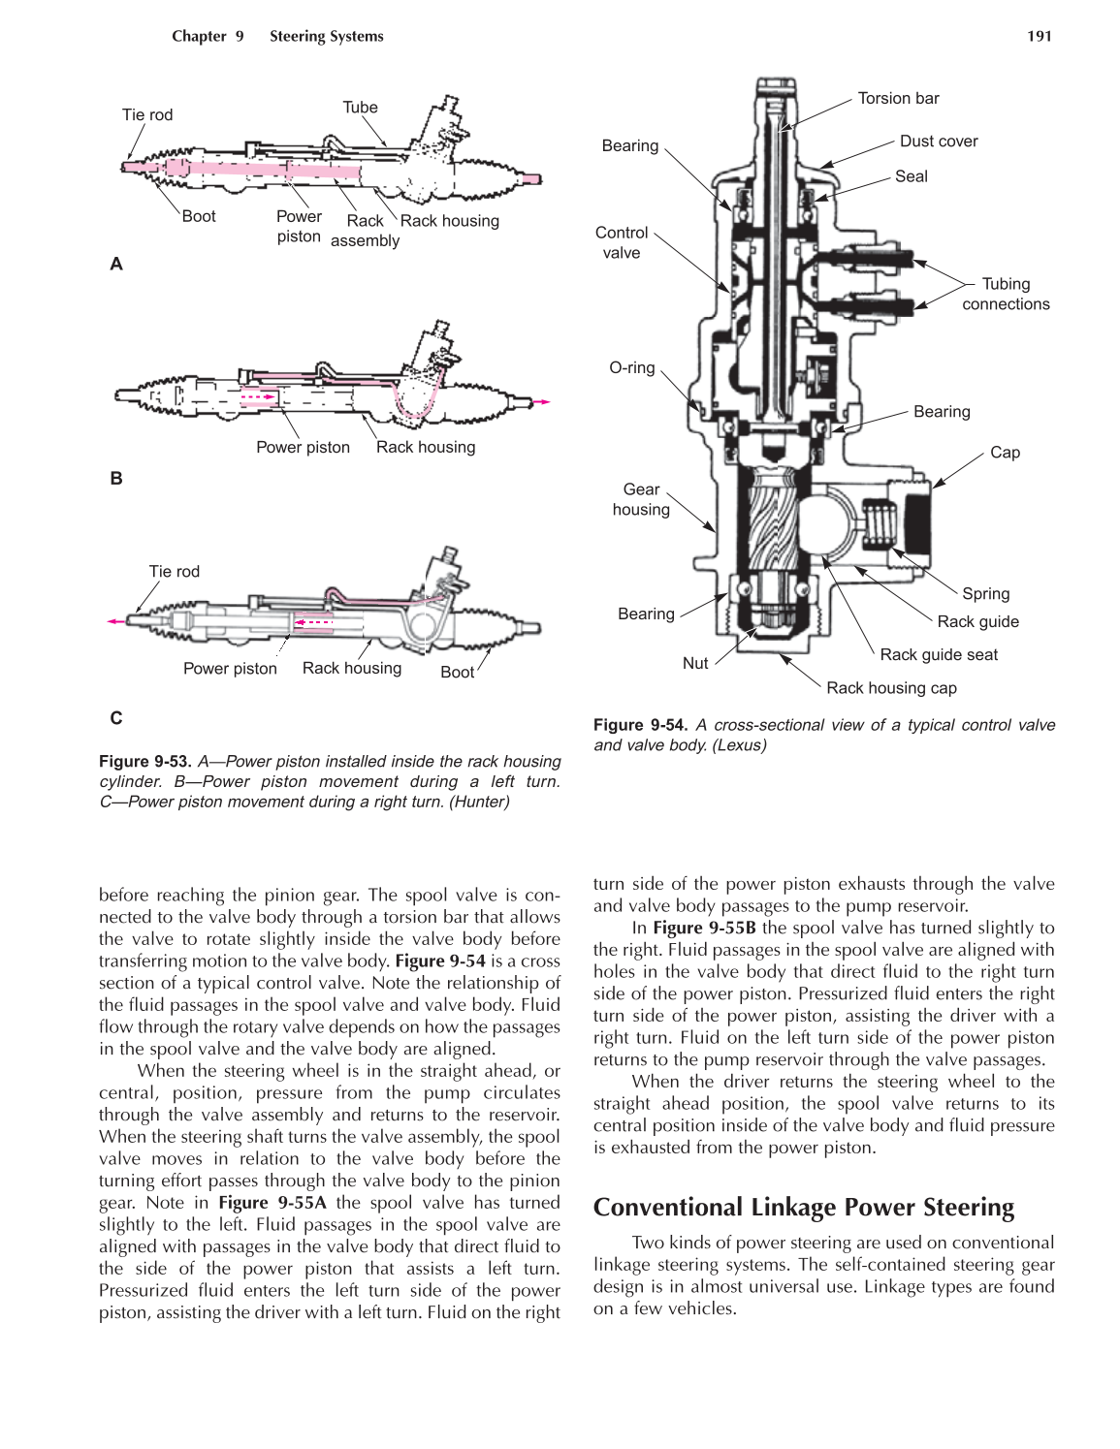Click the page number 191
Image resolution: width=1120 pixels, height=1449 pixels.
tap(1039, 36)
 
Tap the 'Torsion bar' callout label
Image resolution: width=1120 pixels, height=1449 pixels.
tap(898, 98)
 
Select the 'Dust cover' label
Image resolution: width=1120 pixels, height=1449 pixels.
tap(938, 141)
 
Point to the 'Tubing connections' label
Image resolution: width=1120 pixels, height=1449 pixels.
tap(1006, 294)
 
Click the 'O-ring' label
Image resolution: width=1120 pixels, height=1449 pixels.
tap(631, 367)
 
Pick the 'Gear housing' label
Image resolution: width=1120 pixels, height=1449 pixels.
tap(641, 499)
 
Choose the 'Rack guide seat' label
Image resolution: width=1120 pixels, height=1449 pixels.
tap(938, 654)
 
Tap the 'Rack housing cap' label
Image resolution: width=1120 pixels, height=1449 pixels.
tap(891, 688)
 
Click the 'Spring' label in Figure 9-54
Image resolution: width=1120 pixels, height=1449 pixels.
tap(985, 593)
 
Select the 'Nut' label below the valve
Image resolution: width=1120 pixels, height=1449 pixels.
tap(695, 663)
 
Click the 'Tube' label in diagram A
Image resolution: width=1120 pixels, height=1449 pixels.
tap(360, 108)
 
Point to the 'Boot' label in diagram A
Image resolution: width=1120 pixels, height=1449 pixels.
tap(199, 216)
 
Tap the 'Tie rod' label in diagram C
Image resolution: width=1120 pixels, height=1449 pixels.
tap(174, 572)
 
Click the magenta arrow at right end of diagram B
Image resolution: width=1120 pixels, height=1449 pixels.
tap(543, 401)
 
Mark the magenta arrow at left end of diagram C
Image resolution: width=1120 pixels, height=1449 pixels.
tap(115, 621)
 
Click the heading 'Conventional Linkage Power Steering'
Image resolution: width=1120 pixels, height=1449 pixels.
tap(803, 1207)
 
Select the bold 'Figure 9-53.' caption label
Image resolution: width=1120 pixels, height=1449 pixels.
tap(144, 761)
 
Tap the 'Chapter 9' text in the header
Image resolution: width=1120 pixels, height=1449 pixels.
tap(208, 36)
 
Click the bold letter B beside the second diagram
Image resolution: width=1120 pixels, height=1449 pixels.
tap(116, 478)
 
